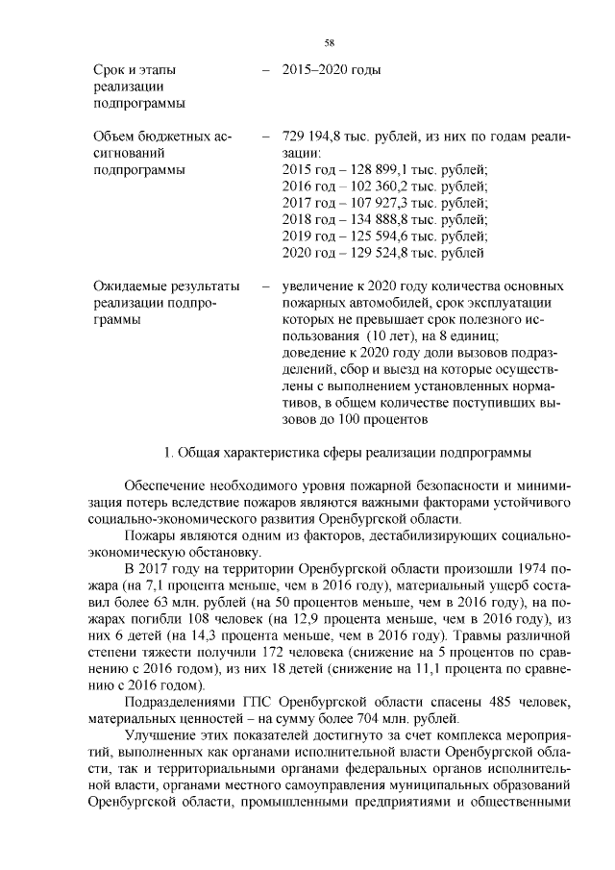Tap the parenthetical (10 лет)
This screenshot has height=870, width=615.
412,336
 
